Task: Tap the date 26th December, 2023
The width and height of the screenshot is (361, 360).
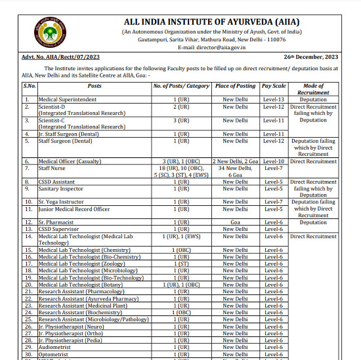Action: [x=312, y=58]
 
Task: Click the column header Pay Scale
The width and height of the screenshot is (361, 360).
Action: [x=274, y=86]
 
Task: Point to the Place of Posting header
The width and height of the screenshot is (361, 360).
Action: [x=235, y=86]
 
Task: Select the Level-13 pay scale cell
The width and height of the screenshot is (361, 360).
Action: [x=274, y=99]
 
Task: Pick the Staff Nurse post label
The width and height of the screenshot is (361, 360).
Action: [x=53, y=168]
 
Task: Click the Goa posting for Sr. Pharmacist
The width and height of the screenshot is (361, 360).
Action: [x=235, y=222]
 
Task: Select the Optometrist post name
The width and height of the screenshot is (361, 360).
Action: [x=54, y=355]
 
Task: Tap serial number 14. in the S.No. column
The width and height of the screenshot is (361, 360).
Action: [x=28, y=236]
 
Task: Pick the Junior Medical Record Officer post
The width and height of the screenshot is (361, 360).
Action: [x=74, y=209]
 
